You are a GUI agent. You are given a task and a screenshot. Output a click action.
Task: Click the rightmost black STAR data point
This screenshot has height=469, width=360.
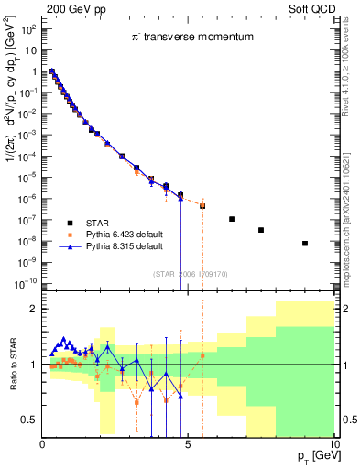(x=305, y=244)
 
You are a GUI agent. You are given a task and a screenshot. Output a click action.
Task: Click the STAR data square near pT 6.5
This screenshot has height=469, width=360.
(x=232, y=219)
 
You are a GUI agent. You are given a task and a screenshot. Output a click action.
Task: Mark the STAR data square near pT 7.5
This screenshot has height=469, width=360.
(x=261, y=230)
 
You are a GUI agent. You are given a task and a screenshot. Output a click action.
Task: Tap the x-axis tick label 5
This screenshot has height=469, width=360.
(x=188, y=444)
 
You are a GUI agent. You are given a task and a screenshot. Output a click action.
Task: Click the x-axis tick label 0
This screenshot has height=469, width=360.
(x=43, y=444)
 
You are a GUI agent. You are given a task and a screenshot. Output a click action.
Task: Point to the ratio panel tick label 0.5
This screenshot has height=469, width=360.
(x=29, y=420)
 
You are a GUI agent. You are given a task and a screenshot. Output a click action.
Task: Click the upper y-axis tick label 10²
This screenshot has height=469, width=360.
(x=29, y=29)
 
